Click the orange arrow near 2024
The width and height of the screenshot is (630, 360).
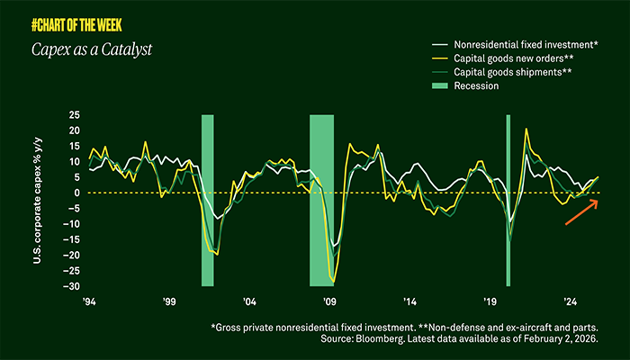pyautogui.click(x=580, y=211)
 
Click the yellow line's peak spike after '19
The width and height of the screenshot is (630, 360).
pyautogui.click(x=526, y=130)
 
